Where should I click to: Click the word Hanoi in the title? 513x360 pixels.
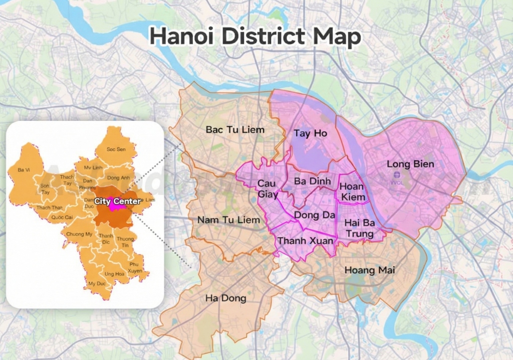click(x=181, y=37)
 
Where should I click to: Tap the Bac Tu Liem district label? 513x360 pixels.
click(x=235, y=130)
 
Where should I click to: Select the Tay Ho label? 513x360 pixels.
click(x=310, y=133)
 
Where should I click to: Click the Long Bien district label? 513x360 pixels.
click(x=410, y=164)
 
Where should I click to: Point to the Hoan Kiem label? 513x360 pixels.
click(x=353, y=192)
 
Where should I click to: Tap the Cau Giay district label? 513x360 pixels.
click(x=268, y=189)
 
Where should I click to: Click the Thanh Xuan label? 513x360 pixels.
click(x=305, y=241)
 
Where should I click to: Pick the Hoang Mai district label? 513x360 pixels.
click(x=370, y=270)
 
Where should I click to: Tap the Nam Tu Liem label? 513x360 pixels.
click(x=228, y=220)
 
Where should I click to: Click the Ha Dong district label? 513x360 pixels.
click(x=225, y=298)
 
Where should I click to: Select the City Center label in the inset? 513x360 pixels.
click(x=117, y=201)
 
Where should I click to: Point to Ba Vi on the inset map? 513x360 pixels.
click(x=24, y=170)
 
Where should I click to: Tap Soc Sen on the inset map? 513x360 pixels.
click(x=116, y=149)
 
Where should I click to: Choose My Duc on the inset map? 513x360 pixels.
click(x=97, y=283)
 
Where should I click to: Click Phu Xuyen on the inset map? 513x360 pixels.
click(x=134, y=267)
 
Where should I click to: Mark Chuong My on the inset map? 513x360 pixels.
click(x=79, y=234)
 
